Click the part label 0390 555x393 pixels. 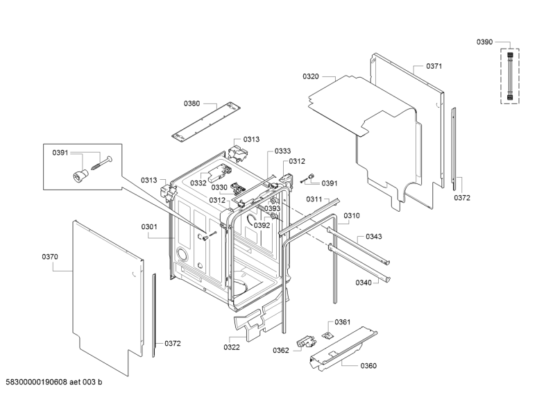pos(484,42)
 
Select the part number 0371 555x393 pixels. pos(434,66)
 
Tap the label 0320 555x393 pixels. pos(310,76)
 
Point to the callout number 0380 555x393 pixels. pos(191,103)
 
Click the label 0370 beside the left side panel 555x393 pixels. pos(50,257)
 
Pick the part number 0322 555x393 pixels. pos(232,347)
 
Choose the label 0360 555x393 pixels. pos(368,366)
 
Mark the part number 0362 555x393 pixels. pos(281,351)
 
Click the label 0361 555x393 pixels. pos(342,321)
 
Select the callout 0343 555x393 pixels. pos(374,236)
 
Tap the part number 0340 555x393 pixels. pos(364,283)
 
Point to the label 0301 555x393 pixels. pos(149,227)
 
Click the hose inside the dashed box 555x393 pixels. pos(510,76)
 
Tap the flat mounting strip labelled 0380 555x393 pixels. pos(206,121)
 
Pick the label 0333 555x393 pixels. pos(282,151)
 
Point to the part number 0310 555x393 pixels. pos(352,215)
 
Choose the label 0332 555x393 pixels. pos(198,183)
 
